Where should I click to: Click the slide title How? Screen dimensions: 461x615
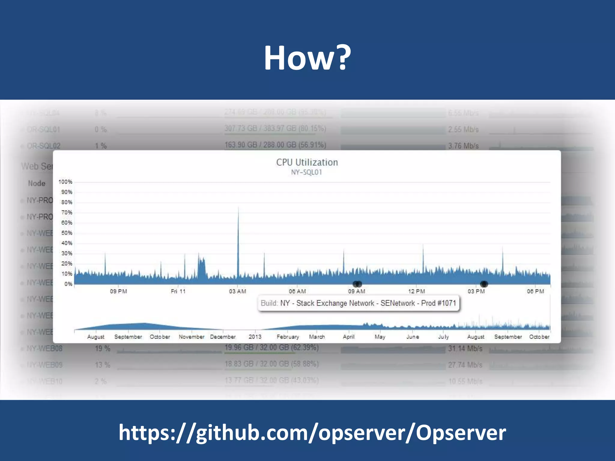pyautogui.click(x=307, y=58)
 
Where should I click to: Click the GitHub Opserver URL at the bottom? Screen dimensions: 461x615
pyautogui.click(x=312, y=432)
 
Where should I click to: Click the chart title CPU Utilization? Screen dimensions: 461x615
pyautogui.click(x=307, y=162)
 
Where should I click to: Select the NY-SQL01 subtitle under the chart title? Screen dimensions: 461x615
pyautogui.click(x=306, y=172)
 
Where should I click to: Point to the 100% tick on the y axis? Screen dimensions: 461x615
pyautogui.click(x=65, y=182)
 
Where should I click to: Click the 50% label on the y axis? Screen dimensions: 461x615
pyautogui.click(x=67, y=233)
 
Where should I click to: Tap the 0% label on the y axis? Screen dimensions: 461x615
pyautogui.click(x=68, y=284)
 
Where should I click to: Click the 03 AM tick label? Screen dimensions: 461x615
pyautogui.click(x=238, y=291)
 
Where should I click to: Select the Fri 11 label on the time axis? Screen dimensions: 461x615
pyautogui.click(x=178, y=291)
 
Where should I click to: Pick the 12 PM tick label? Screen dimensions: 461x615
pyautogui.click(x=417, y=291)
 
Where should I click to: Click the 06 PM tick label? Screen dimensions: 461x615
pyautogui.click(x=535, y=291)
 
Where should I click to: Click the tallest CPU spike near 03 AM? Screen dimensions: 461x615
pyautogui.click(x=238, y=210)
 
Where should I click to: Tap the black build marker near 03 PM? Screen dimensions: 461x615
pyautogui.click(x=484, y=284)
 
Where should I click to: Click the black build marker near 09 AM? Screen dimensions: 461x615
pyautogui.click(x=357, y=284)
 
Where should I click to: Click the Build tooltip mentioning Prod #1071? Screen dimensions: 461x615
pyautogui.click(x=359, y=303)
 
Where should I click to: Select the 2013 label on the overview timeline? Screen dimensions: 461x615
pyautogui.click(x=255, y=337)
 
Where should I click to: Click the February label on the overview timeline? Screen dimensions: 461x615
pyautogui.click(x=288, y=337)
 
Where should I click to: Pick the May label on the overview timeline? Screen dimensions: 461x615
pyautogui.click(x=380, y=337)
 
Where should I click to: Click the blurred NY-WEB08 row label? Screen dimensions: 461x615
pyautogui.click(x=44, y=348)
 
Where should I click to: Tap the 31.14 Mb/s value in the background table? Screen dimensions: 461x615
pyautogui.click(x=465, y=348)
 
